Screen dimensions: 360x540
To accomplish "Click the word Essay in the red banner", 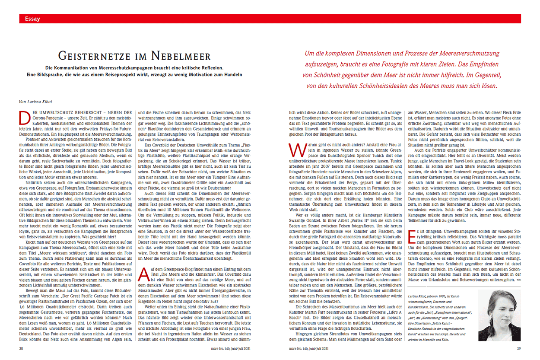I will [33, 19].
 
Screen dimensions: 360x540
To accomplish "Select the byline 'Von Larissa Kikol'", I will [37, 102].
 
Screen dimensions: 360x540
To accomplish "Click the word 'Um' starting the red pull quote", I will [309, 54].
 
